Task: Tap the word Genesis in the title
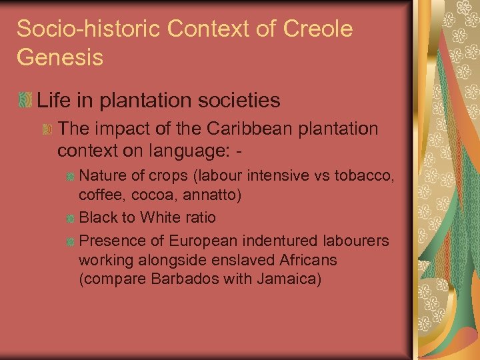(60, 57)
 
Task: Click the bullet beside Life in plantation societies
(25, 101)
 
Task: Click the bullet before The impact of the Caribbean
(47, 129)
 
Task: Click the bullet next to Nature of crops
(70, 177)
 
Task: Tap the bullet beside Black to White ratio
(70, 218)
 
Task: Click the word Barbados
(177, 278)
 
